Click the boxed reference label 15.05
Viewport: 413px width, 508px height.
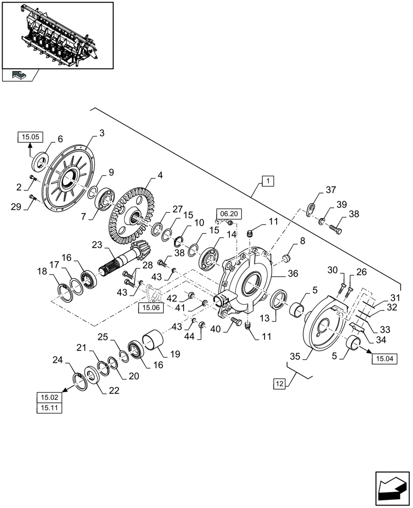tap(32, 136)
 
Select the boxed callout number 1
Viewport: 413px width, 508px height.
tap(268, 180)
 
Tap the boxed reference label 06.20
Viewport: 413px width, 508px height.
tap(226, 214)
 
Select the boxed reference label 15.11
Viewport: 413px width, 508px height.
tap(49, 407)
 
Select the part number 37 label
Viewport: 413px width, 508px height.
tap(331, 190)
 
